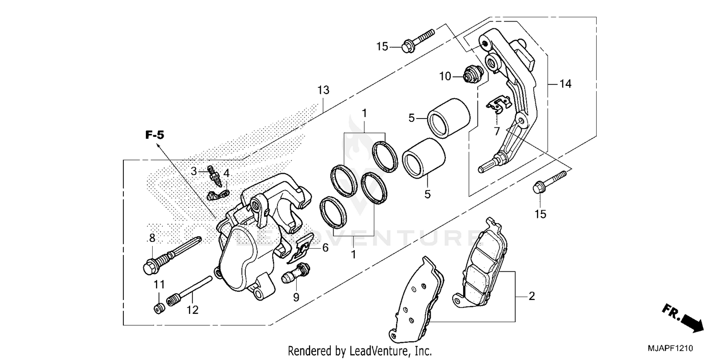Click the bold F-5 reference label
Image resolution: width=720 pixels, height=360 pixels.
click(x=155, y=135)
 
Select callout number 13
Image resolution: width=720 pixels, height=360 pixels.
click(x=323, y=90)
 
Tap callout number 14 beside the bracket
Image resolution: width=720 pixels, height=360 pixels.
click(x=565, y=84)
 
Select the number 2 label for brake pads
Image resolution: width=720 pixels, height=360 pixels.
click(x=531, y=296)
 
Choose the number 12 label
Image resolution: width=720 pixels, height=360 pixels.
click(x=192, y=311)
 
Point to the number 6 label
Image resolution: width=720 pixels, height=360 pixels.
click(x=325, y=248)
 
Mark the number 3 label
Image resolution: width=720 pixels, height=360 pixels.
click(x=194, y=171)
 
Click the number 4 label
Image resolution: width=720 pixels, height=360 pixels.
click(x=226, y=172)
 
